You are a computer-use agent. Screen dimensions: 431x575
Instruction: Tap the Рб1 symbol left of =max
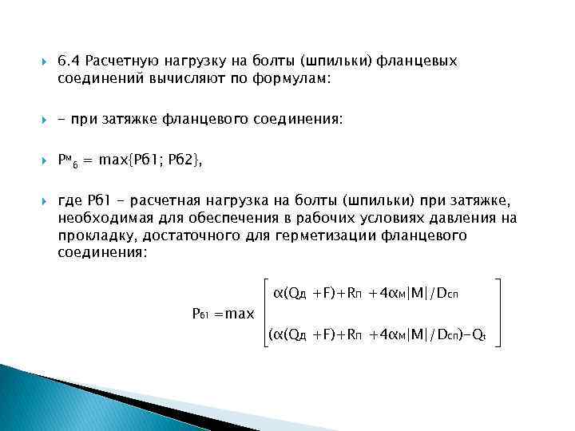pyautogui.click(x=200, y=314)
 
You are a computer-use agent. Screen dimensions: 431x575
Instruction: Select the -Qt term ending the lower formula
pyautogui.click(x=478, y=335)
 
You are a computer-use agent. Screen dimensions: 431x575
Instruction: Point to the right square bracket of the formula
pyautogui.click(x=498, y=314)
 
